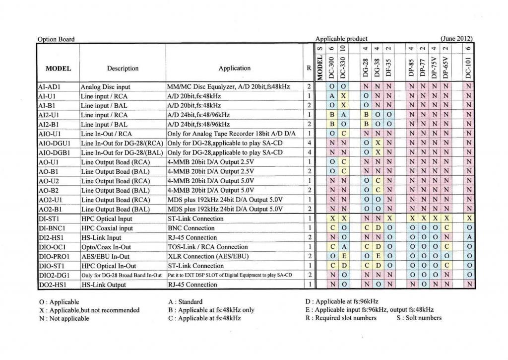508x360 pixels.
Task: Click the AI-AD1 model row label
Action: [x=49, y=86]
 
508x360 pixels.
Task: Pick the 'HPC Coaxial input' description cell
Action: [x=107, y=228]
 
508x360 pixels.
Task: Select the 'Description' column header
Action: [x=123, y=68]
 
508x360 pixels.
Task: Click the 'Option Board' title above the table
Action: [x=56, y=39]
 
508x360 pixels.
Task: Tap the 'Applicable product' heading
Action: [x=341, y=39]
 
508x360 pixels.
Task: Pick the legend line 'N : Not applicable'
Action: [x=63, y=318]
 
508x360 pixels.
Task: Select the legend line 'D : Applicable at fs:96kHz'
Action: [x=342, y=301]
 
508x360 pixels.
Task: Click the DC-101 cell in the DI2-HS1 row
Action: [x=469, y=237]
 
